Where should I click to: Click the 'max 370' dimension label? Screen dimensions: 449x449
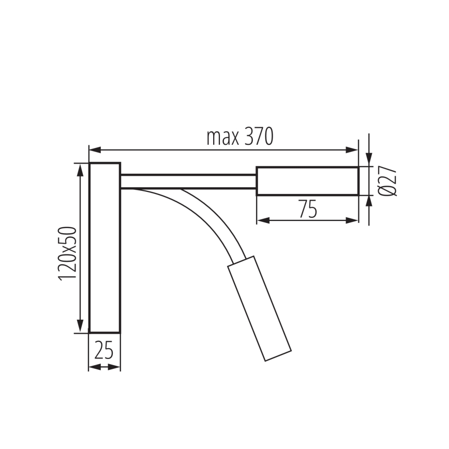[x=239, y=137]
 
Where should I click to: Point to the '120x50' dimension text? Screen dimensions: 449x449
[x=68, y=253]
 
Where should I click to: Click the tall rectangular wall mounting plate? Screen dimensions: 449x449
[x=104, y=247]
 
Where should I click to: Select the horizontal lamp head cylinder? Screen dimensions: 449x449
[x=307, y=181]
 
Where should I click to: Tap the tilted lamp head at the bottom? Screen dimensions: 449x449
[x=260, y=308]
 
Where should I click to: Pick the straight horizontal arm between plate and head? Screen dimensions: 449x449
[x=188, y=181]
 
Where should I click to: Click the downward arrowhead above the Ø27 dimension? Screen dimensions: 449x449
[x=368, y=160]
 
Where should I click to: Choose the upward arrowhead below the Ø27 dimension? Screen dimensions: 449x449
[x=368, y=201]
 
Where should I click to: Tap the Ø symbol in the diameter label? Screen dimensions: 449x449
[x=388, y=191]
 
